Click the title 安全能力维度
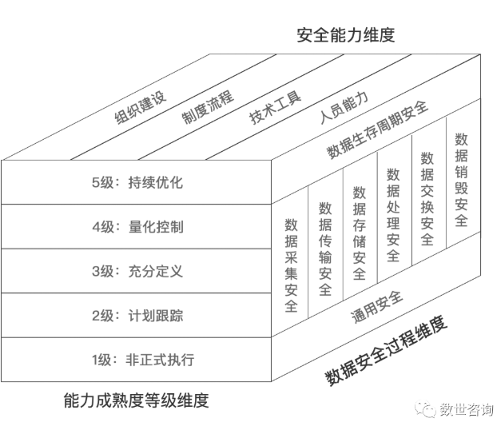(x=346, y=35)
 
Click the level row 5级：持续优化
(x=137, y=182)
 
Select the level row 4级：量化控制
(x=137, y=227)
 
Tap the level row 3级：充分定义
(x=137, y=271)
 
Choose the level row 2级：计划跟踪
(x=137, y=316)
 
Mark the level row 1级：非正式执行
(x=137, y=360)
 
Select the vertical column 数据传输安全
(x=325, y=249)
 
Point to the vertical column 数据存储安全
(x=360, y=233)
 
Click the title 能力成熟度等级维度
(x=136, y=400)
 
